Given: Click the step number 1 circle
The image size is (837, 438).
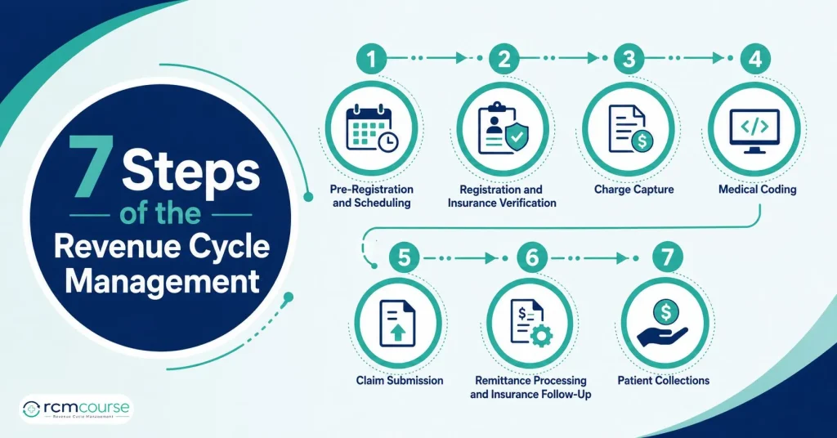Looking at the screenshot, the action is (372, 59).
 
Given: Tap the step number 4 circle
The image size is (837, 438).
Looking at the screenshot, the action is (755, 59).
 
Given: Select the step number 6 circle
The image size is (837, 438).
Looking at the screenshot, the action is (532, 258).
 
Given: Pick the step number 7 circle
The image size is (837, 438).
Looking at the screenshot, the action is (667, 258).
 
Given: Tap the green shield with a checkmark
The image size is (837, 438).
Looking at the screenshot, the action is (517, 137).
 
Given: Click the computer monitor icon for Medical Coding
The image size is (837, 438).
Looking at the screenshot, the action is (754, 131).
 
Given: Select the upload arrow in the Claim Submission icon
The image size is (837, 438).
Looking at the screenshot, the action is (398, 333).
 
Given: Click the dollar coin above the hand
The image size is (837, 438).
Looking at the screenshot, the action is (665, 311).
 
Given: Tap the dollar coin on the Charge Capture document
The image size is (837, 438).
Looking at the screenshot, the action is (642, 141).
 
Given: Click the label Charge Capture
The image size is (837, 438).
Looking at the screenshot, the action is (633, 190).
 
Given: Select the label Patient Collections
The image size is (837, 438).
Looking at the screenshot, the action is (664, 380).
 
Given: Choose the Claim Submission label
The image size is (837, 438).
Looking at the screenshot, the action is (399, 380).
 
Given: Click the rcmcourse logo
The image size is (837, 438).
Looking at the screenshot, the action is (76, 409).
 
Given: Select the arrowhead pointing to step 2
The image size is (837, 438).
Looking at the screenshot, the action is (462, 58).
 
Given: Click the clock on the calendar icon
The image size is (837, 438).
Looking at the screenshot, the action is (387, 141).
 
